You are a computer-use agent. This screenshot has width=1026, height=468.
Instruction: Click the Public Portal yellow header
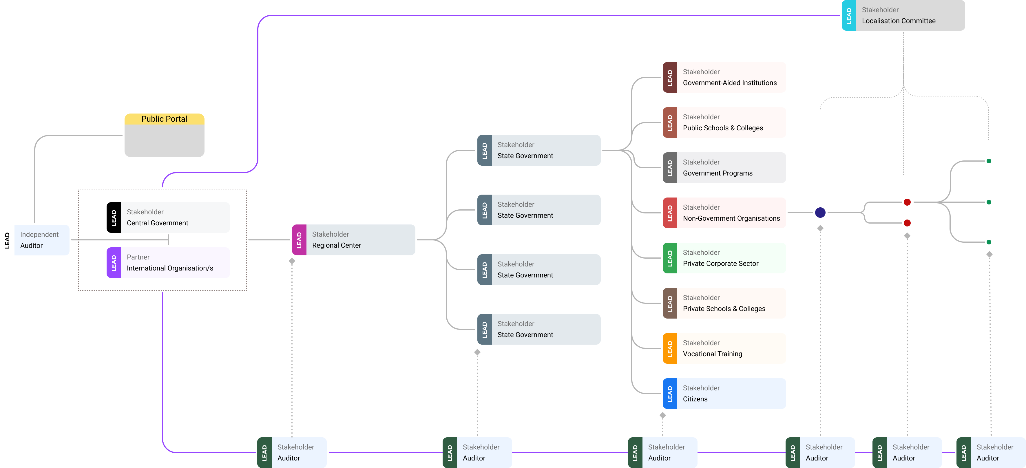[x=164, y=119]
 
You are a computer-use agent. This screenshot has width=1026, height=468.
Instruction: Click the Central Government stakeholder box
[x=175, y=217]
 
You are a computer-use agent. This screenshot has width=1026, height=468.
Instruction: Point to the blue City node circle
[x=820, y=213]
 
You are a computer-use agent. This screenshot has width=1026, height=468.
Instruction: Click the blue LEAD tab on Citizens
[x=669, y=394]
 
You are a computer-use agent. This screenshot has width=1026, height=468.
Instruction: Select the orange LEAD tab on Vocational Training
[x=669, y=348]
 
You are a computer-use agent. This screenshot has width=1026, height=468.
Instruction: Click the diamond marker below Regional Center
[x=292, y=261]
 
